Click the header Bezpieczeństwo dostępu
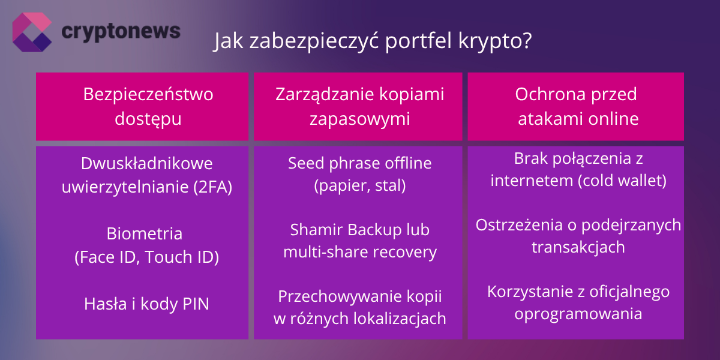point(142,106)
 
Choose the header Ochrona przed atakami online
point(577,106)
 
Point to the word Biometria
point(145,233)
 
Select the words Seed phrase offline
point(359,163)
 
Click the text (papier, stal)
point(359,186)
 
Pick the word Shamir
point(317,229)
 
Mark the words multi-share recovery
point(359,252)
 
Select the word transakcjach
point(578,247)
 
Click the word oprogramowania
point(578,314)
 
